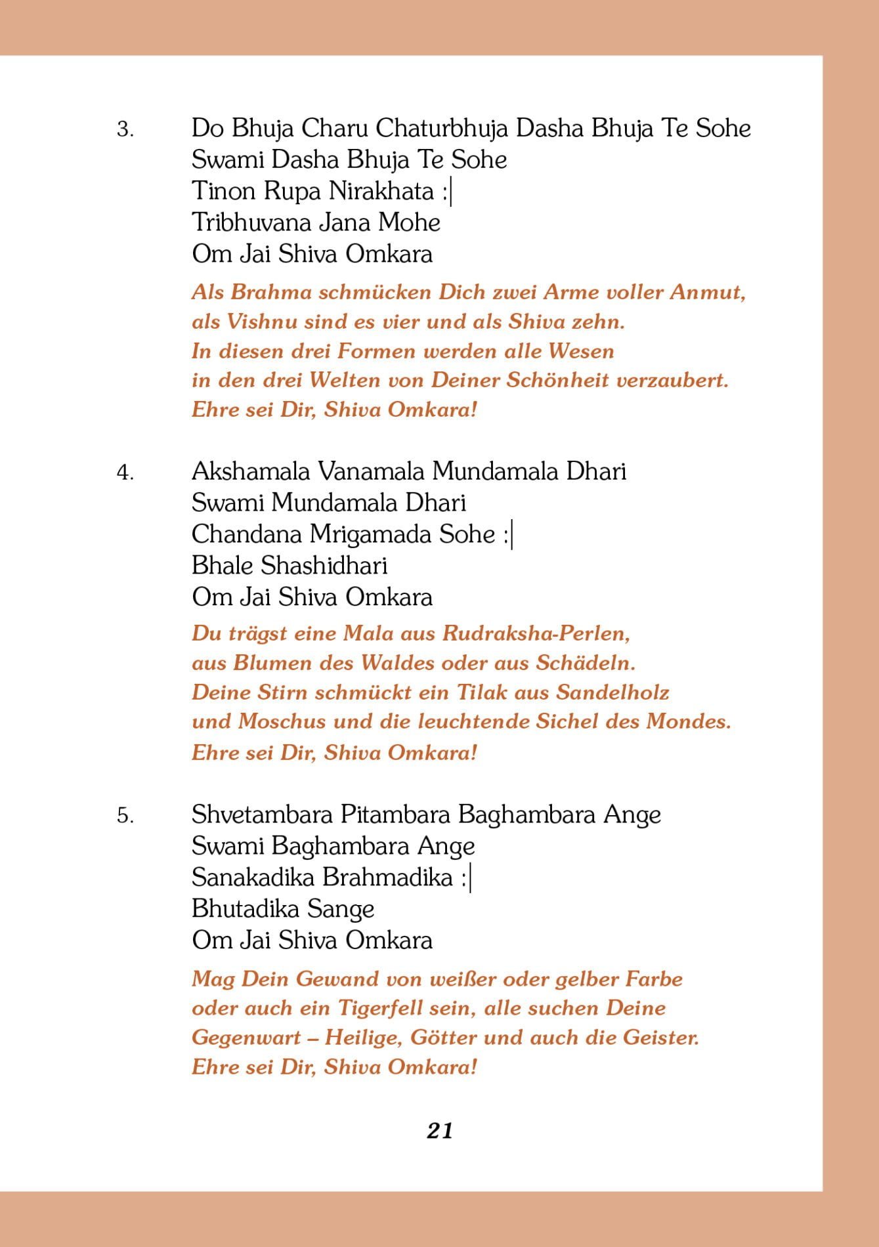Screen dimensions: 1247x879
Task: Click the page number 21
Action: [439, 1130]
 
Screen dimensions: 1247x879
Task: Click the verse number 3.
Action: [125, 129]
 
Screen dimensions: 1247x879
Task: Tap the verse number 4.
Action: [125, 472]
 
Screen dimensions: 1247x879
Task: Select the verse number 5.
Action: [125, 816]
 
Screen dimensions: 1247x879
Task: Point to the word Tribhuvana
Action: [251, 222]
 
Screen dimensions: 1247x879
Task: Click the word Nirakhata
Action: [381, 191]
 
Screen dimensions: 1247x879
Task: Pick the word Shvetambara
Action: [262, 814]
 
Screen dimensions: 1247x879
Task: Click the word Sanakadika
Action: [253, 877]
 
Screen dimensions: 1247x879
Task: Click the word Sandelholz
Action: [612, 692]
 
